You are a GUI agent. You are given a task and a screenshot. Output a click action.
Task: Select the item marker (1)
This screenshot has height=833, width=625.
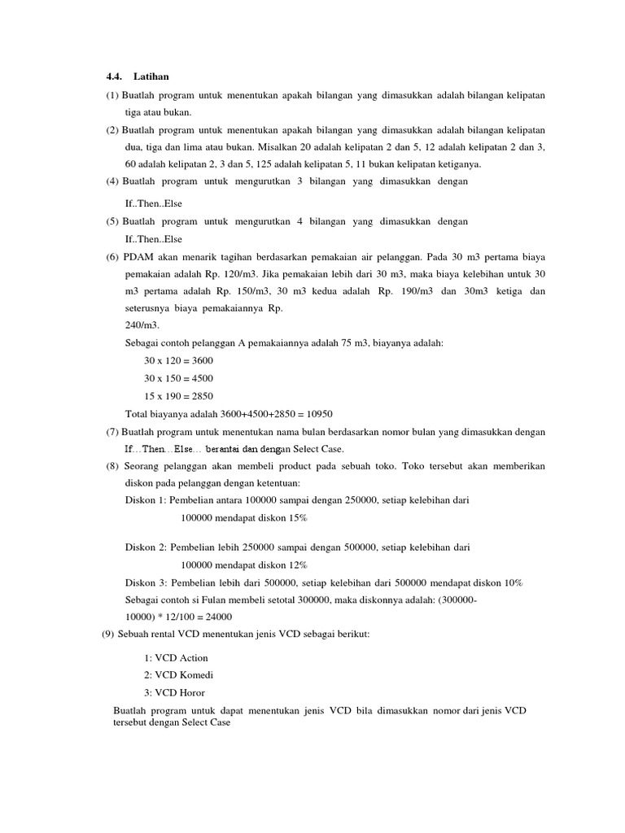click(111, 95)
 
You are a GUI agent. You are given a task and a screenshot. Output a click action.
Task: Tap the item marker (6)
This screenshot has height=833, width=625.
click(111, 256)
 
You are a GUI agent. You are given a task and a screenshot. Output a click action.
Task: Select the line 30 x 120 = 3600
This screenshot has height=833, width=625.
click(178, 360)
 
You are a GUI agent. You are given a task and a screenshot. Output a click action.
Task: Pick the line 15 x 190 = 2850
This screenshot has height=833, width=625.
click(178, 395)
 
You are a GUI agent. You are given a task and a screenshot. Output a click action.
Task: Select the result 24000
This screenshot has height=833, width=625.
click(216, 617)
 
